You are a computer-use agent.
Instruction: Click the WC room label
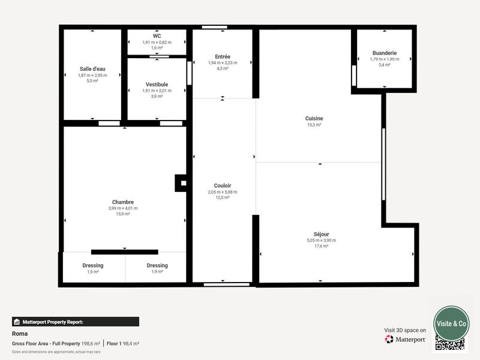(157, 36)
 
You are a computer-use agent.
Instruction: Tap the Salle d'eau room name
(92, 69)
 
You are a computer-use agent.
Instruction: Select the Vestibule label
(157, 85)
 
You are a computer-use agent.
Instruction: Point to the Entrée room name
(223, 56)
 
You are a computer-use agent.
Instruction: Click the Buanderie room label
(384, 53)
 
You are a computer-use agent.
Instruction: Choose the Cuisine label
(314, 118)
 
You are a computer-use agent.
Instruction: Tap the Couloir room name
(223, 185)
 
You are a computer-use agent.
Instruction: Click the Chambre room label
(123, 202)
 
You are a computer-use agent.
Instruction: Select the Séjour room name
(321, 234)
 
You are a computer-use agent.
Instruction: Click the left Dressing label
(93, 265)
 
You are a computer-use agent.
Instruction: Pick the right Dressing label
(157, 265)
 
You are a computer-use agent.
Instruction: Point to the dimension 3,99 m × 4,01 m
(123, 208)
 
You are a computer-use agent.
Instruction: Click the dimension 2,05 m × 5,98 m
(223, 192)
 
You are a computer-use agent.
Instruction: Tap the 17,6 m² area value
(321, 246)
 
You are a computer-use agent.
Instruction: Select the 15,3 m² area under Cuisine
(314, 125)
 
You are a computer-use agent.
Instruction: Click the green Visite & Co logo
(451, 323)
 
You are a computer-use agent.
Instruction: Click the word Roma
(20, 334)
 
